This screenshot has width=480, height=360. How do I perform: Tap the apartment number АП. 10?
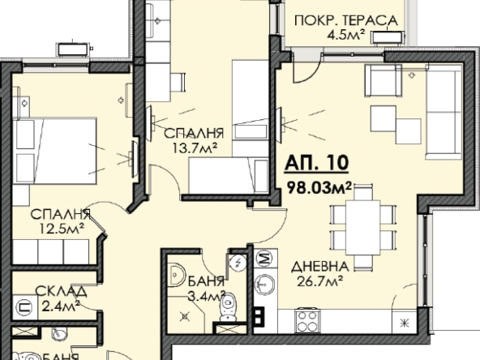[x=317, y=163]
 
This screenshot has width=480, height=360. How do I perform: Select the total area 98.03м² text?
[x=319, y=188]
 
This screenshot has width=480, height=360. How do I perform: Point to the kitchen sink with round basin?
[x=264, y=283]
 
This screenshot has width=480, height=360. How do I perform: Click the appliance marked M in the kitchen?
[x=264, y=259]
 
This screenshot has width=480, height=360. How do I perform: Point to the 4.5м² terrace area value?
[x=344, y=35]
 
